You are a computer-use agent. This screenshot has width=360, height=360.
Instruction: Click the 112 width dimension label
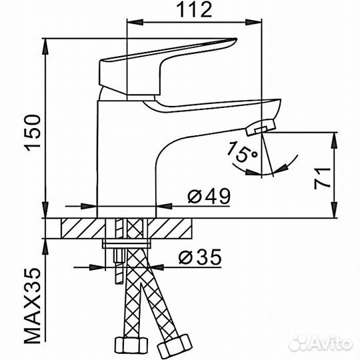(195, 9)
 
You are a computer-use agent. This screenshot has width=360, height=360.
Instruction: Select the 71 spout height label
(323, 179)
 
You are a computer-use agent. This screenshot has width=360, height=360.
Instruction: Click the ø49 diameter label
(209, 196)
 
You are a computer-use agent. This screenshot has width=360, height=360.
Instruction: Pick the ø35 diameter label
(200, 257)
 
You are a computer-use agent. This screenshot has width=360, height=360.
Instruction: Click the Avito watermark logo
(321, 344)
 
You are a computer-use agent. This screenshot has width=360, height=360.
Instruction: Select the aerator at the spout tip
(261, 127)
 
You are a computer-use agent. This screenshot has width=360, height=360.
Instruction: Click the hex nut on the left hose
(131, 347)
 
